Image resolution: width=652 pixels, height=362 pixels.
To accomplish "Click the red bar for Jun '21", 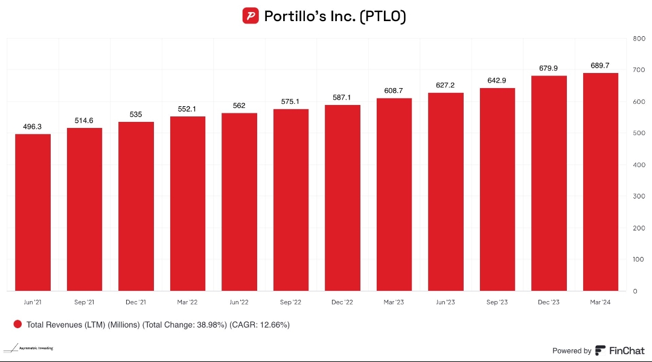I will click(x=33, y=212).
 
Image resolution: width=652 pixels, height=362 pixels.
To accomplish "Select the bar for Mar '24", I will click(x=600, y=182).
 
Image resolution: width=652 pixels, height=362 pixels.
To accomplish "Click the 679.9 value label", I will click(x=548, y=68).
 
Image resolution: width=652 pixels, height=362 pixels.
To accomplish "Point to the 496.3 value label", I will click(x=33, y=127).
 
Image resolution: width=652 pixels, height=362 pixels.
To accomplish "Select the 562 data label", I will click(x=239, y=106).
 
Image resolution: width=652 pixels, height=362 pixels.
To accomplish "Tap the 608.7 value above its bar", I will click(x=394, y=91).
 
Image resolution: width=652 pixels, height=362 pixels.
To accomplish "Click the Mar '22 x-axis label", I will click(x=187, y=301).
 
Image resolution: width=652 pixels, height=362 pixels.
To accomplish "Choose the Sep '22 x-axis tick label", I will click(x=290, y=301).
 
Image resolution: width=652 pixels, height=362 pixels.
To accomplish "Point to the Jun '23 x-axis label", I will click(x=445, y=301).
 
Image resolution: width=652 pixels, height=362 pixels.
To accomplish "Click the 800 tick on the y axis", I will click(x=639, y=39).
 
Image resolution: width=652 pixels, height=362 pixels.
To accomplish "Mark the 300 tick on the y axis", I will click(x=639, y=197).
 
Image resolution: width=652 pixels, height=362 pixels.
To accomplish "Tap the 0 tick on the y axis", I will click(x=634, y=291).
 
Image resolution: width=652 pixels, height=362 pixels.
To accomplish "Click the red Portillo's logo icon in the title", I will click(x=251, y=16).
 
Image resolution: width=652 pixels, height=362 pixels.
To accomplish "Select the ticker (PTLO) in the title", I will click(x=383, y=16).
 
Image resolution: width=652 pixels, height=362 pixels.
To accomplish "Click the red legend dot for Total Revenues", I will click(x=18, y=325).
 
